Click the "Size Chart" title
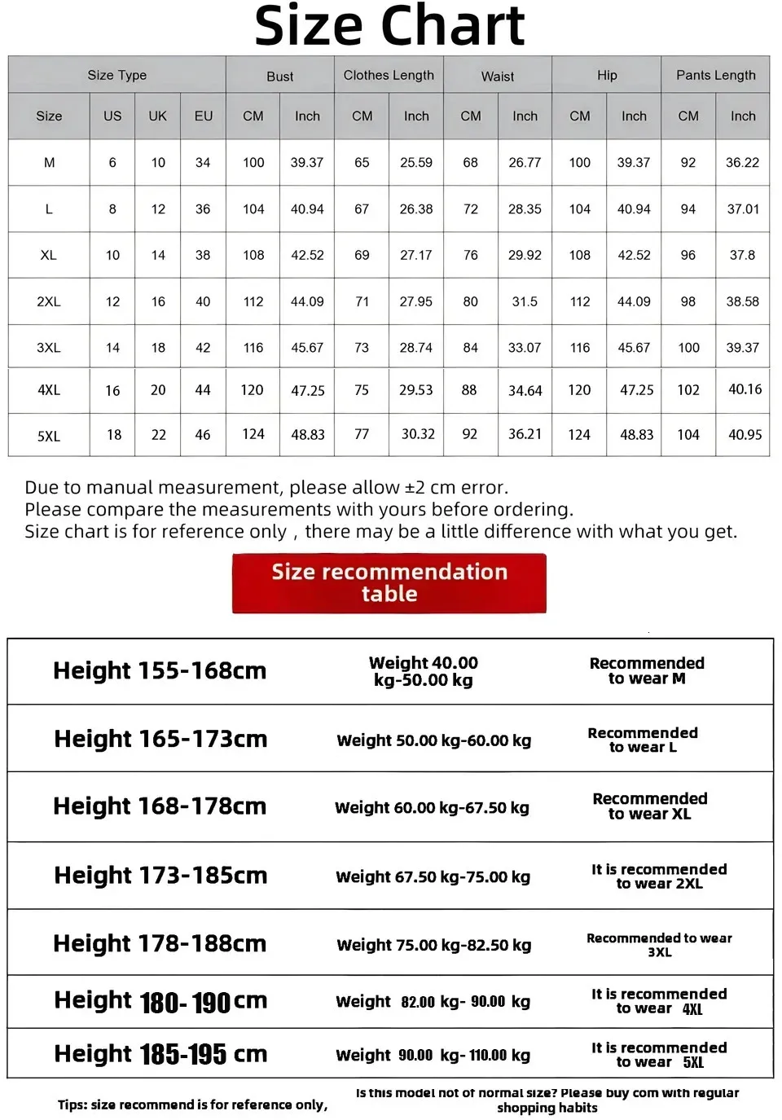[389, 26]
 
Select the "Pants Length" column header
[715, 75]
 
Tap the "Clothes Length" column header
[389, 75]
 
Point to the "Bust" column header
[279, 76]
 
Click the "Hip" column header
[607, 75]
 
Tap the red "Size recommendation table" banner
[389, 582]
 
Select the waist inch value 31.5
[525, 301]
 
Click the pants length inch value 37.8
[742, 255]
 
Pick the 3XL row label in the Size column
[49, 348]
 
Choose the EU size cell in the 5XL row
[203, 434]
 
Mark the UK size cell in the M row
[158, 162]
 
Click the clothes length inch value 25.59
[416, 162]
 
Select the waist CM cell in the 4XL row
[469, 390]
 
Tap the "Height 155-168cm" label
[160, 670]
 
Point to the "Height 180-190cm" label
[160, 1001]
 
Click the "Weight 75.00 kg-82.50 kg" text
[433, 945]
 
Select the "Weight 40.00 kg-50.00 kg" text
[424, 671]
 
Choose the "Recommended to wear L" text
[643, 740]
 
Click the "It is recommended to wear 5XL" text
[659, 1054]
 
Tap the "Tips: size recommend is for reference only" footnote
[192, 1105]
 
